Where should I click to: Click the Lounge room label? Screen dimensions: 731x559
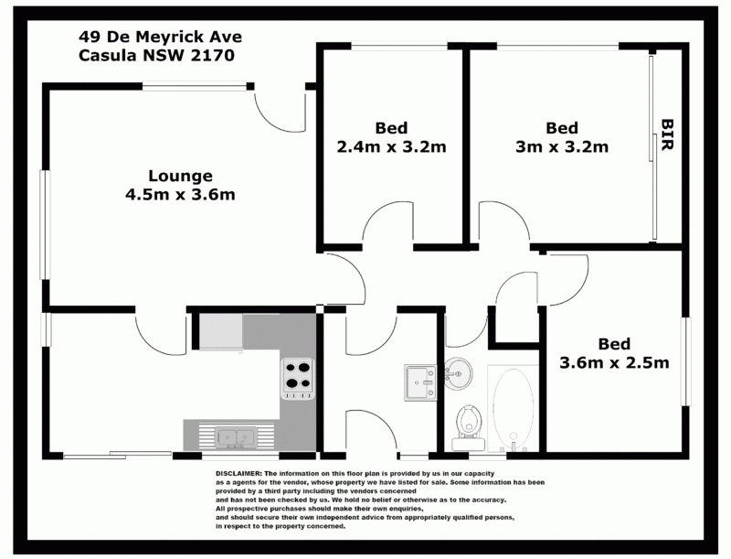[x=180, y=176]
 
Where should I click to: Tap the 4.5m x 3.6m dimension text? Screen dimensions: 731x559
[x=180, y=194]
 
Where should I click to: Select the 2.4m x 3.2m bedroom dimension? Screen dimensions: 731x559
[x=392, y=146]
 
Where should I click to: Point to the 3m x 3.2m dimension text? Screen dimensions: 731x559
[x=562, y=146]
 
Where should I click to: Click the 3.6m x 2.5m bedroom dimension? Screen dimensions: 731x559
[x=614, y=362]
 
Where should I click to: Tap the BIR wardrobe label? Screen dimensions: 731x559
[x=668, y=134]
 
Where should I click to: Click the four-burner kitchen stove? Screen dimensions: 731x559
[x=298, y=379]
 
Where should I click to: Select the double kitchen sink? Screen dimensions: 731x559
[x=236, y=437]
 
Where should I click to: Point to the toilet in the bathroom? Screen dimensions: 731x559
[x=469, y=425]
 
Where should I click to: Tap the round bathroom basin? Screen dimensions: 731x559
[x=458, y=373]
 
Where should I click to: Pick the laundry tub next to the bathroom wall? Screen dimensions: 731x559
[x=421, y=382]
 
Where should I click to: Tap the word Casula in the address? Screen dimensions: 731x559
[x=108, y=55]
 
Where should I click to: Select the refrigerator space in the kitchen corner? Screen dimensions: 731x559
[x=220, y=331]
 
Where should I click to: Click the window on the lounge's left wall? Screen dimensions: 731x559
[x=45, y=225]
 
